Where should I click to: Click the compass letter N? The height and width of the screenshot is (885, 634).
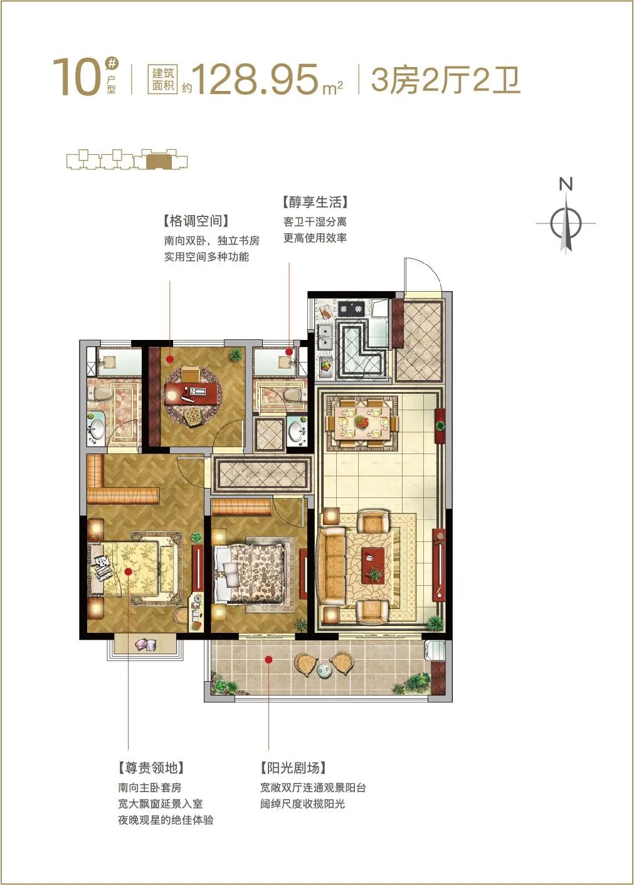pyautogui.click(x=566, y=184)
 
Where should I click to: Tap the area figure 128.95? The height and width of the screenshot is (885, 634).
pyautogui.click(x=256, y=80)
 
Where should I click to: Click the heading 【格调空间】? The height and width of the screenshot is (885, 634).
pyautogui.click(x=196, y=221)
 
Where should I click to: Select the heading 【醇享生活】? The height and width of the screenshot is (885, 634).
pyautogui.click(x=315, y=203)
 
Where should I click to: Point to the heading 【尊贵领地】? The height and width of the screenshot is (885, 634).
pyautogui.click(x=151, y=768)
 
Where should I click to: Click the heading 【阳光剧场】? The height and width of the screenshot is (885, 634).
pyautogui.click(x=293, y=768)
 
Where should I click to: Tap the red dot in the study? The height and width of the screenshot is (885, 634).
pyautogui.click(x=170, y=359)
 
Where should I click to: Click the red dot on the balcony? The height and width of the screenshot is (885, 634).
pyautogui.click(x=268, y=659)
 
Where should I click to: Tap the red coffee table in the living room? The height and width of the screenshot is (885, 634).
pyautogui.click(x=373, y=565)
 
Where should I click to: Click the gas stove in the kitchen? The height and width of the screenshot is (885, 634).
pyautogui.click(x=351, y=308)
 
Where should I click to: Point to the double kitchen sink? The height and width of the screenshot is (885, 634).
pyautogui.click(x=324, y=337)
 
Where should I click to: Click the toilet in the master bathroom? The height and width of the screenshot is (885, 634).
pyautogui.click(x=98, y=394)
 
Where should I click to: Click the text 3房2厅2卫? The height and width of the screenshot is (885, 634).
pyautogui.click(x=446, y=80)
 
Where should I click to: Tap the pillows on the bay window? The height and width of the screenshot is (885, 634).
pyautogui.click(x=145, y=645)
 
